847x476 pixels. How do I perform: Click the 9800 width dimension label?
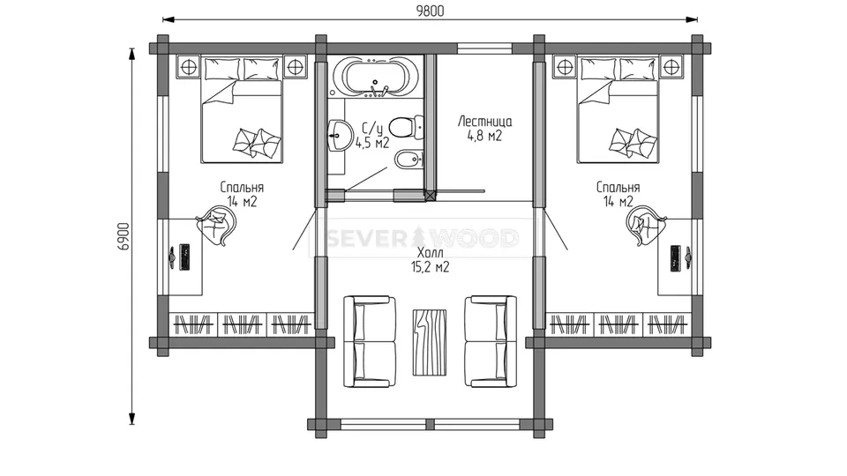click(430, 11)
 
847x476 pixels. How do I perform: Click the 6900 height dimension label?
click(124, 236)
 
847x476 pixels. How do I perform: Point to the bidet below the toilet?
click(409, 160)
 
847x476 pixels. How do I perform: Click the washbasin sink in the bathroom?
click(339, 135)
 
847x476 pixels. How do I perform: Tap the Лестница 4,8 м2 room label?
click(484, 129)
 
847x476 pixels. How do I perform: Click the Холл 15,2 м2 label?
click(430, 260)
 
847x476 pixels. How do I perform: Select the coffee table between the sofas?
click(430, 342)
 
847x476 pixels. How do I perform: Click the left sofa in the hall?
click(370, 341)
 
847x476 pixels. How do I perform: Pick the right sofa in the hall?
click(491, 341)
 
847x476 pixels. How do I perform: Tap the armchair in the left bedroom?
click(217, 227)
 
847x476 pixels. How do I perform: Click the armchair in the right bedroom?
click(646, 227)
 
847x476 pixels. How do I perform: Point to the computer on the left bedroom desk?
click(180, 257)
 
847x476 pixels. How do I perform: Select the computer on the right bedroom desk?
click(680, 257)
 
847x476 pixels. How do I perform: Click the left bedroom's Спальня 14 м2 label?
click(242, 194)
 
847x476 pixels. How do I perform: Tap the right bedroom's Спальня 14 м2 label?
click(618, 194)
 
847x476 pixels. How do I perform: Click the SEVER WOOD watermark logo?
click(423, 237)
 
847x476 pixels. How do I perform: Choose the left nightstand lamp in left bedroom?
click(188, 67)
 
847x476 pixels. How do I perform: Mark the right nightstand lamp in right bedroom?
click(671, 67)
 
